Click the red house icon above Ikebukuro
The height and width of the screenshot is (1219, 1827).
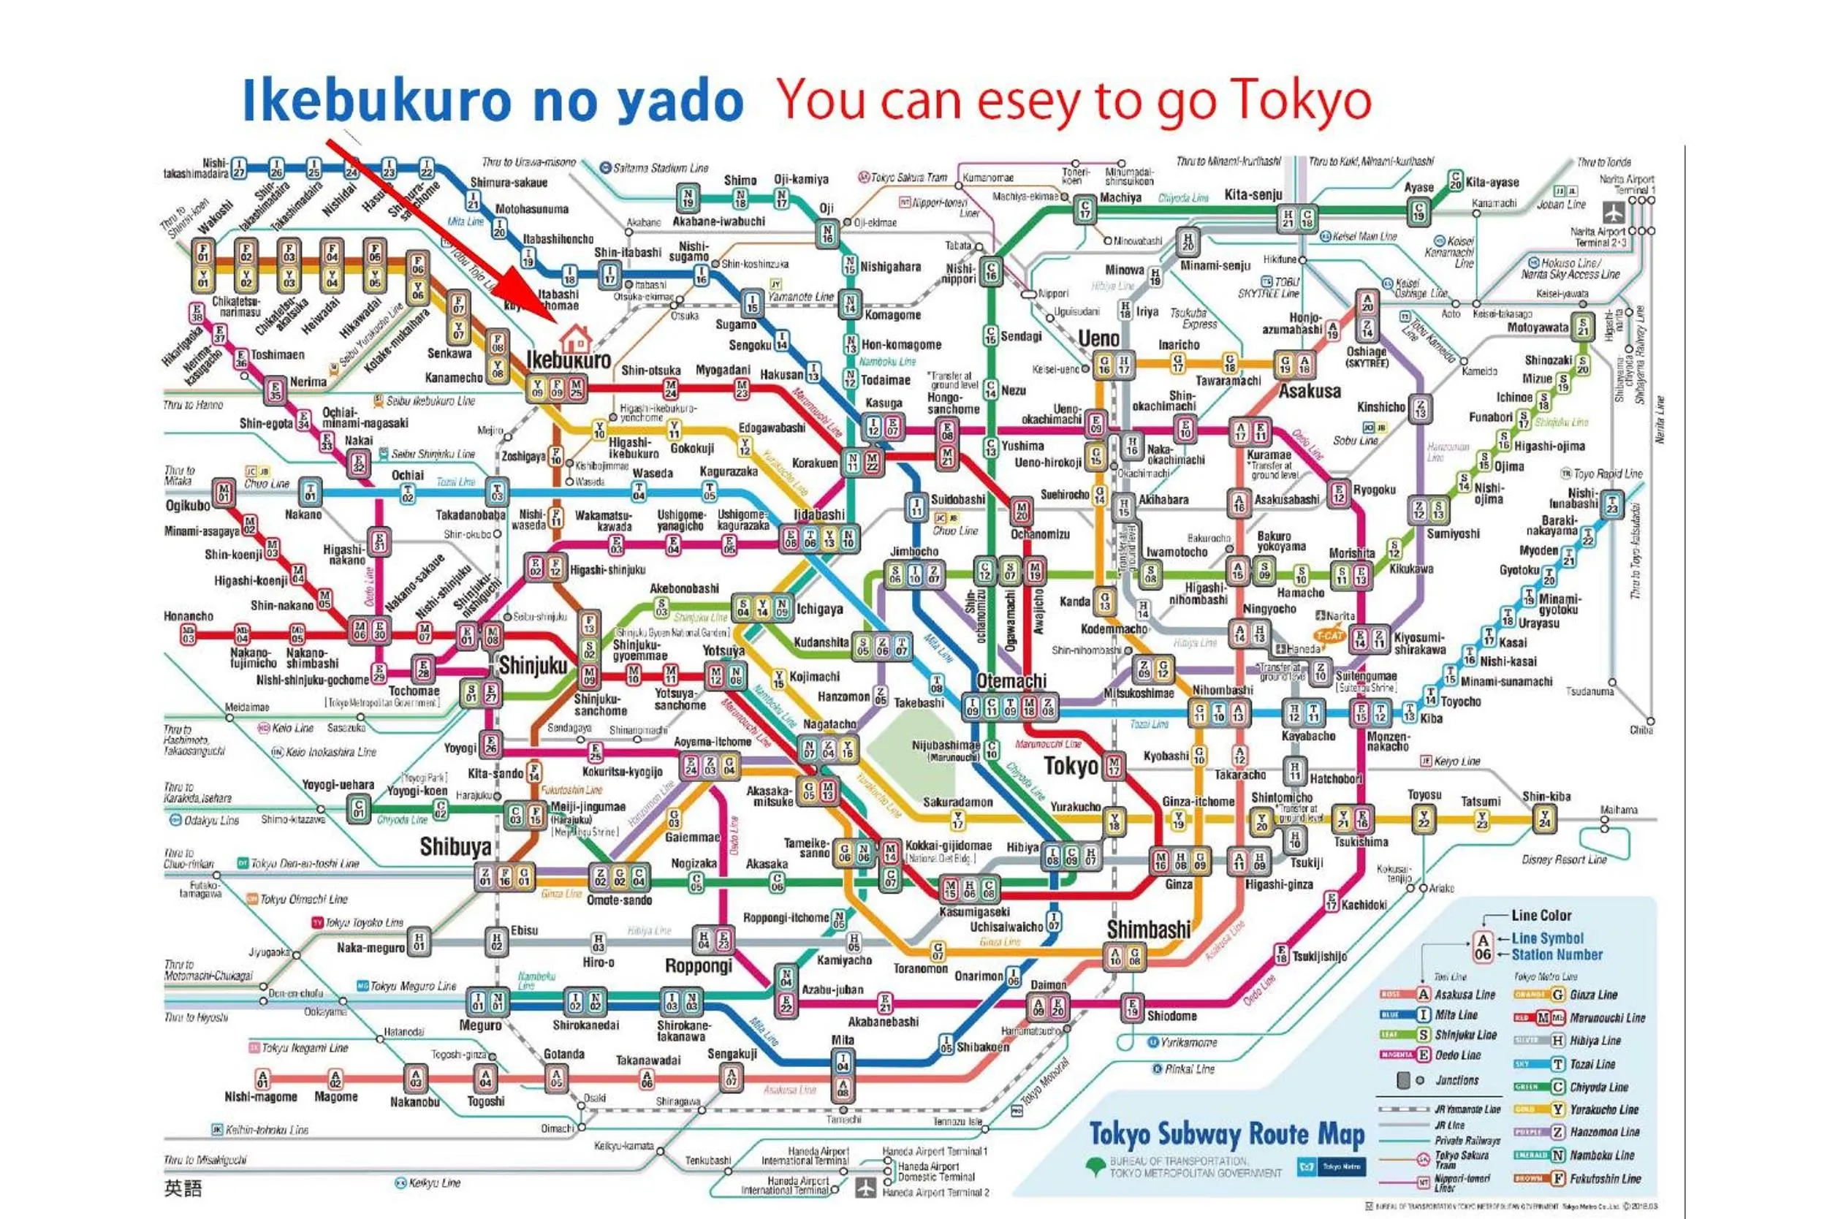[x=575, y=339]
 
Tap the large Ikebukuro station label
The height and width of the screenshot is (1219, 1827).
[x=569, y=360]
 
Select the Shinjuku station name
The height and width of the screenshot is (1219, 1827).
[x=533, y=666]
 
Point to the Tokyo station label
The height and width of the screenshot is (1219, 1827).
[x=1071, y=766]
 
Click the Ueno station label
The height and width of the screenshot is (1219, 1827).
[x=1098, y=339]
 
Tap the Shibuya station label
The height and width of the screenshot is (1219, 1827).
[x=455, y=846]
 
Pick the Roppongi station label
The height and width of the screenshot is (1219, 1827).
[x=698, y=965]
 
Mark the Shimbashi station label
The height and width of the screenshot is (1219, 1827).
[x=1148, y=929]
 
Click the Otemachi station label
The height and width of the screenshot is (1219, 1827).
[x=1011, y=681]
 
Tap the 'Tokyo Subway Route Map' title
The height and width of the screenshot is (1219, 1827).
[x=1226, y=1135]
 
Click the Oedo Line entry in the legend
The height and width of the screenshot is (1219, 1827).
[x=1457, y=1055]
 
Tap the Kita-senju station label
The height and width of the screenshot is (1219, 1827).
[x=1253, y=194]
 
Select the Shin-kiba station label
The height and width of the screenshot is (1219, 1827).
[x=1546, y=796]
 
